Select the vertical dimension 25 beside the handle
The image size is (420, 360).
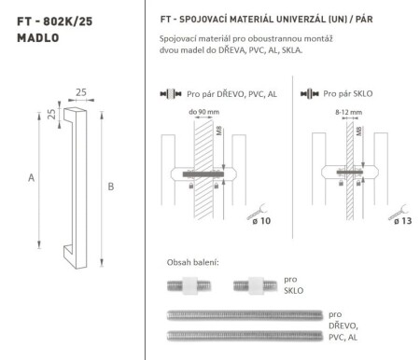pos(52,117)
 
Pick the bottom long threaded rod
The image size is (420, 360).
pos(245,335)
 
